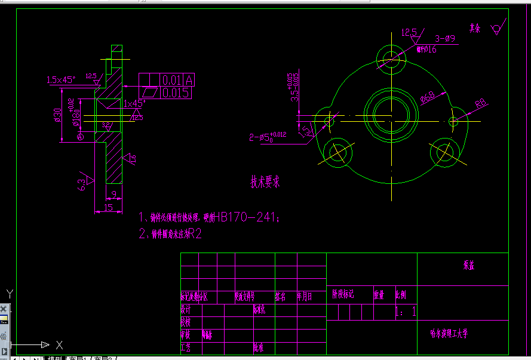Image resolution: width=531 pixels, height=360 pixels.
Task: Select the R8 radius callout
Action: [x=480, y=104]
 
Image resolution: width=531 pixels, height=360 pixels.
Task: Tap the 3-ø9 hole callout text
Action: [x=445, y=39]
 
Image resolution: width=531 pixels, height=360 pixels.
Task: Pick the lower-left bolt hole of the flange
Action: [x=337, y=152]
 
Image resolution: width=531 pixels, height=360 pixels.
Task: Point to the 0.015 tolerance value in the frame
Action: [x=176, y=93]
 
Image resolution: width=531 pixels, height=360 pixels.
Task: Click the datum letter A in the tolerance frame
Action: [x=189, y=79]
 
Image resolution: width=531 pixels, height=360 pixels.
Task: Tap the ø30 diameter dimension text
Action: [x=58, y=115]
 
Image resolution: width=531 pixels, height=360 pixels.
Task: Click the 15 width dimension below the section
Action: [x=108, y=207]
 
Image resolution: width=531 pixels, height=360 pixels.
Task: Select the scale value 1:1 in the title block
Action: [x=406, y=312]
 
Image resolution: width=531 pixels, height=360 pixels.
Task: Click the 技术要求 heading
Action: [x=265, y=182]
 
